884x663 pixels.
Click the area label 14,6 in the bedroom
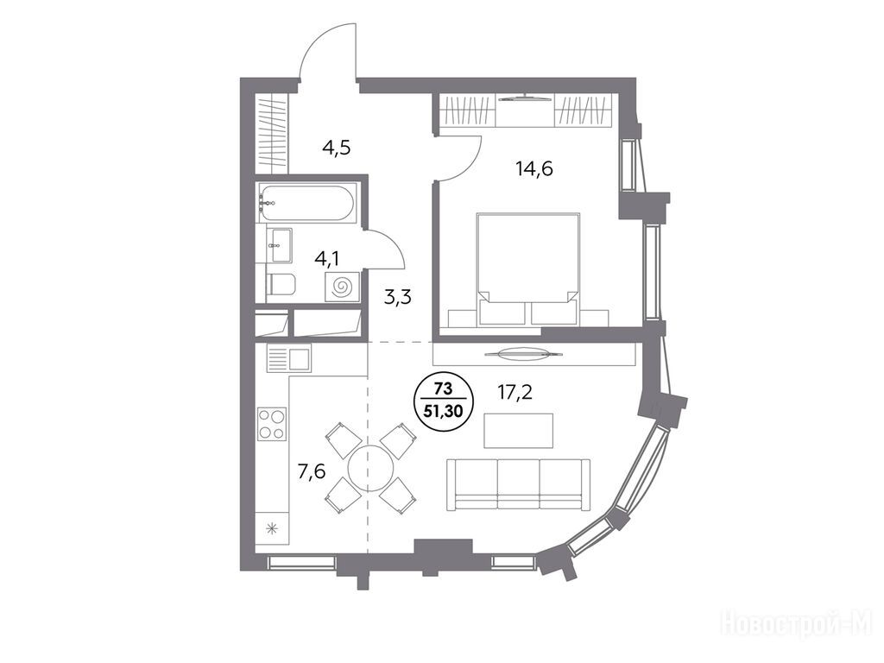[x=534, y=168]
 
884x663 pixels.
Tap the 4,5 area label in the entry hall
[x=337, y=148]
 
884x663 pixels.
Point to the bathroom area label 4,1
[x=327, y=259]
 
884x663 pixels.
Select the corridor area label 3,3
[x=398, y=297]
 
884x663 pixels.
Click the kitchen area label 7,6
[x=311, y=471]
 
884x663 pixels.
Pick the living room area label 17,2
[x=515, y=392]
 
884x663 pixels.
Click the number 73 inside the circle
[x=443, y=388]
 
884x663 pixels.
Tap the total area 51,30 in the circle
[x=443, y=411]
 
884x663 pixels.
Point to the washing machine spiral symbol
[x=340, y=287]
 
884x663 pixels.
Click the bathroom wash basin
[x=279, y=245]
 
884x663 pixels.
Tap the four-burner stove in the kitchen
[x=272, y=425]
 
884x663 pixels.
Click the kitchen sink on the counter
[x=288, y=358]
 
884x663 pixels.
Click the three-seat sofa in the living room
[x=518, y=485]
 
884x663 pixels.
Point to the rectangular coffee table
[x=519, y=431]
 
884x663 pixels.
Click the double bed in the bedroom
[x=528, y=269]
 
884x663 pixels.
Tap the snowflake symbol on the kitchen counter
[x=272, y=528]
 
